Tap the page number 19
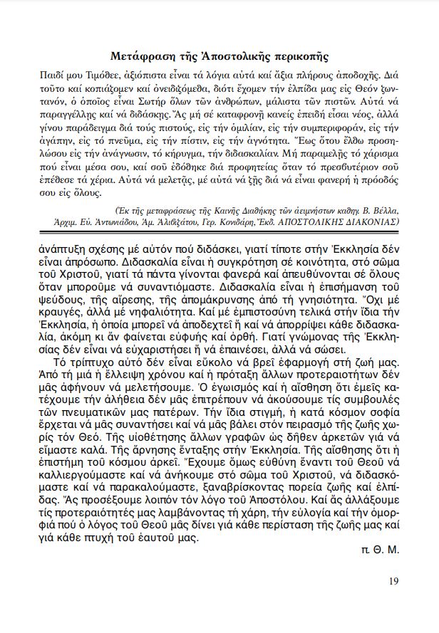393,580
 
